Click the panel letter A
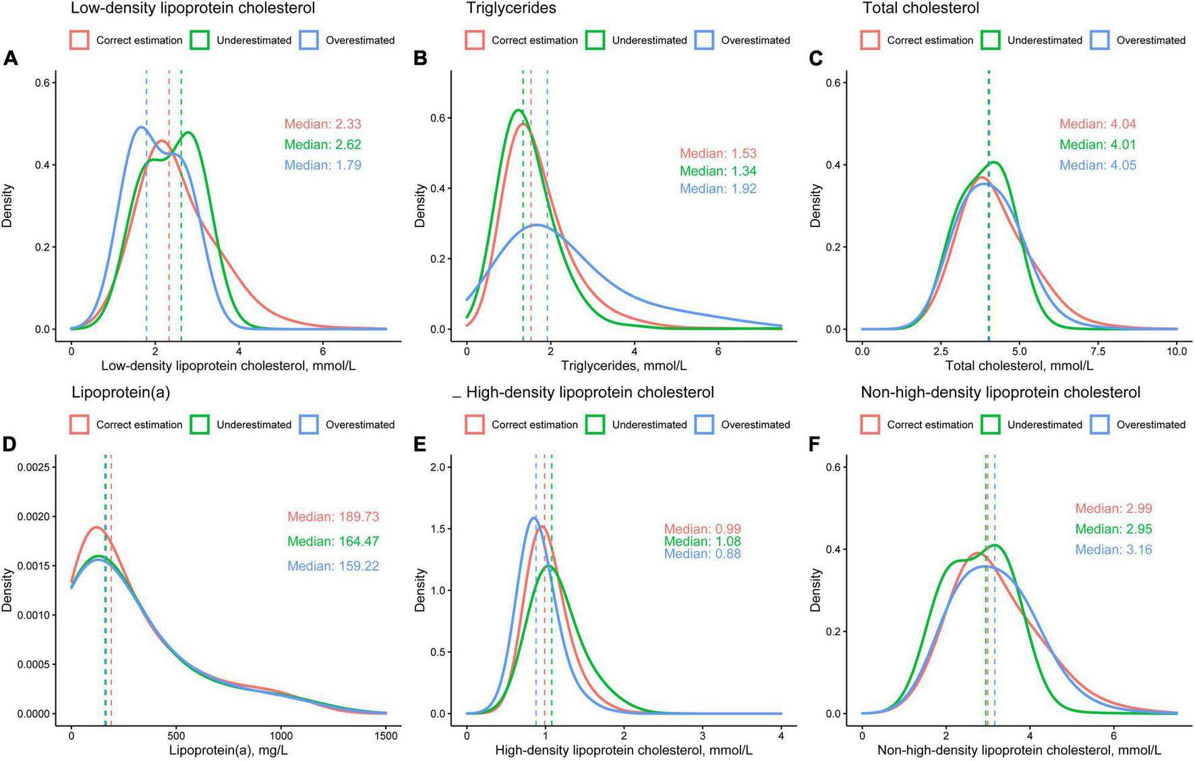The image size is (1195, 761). pyautogui.click(x=11, y=59)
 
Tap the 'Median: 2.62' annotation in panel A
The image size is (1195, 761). pyautogui.click(x=322, y=145)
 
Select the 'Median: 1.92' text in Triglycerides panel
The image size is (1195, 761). pyautogui.click(x=718, y=189)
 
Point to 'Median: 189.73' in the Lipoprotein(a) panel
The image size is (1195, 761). pyautogui.click(x=333, y=517)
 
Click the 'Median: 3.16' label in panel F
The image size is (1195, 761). pyautogui.click(x=1113, y=550)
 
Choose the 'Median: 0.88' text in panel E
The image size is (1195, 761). pyautogui.click(x=702, y=554)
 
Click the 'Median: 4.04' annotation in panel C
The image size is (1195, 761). pyautogui.click(x=1097, y=124)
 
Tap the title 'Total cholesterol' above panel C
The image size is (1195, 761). pyautogui.click(x=920, y=9)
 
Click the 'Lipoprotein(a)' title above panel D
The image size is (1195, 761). pyautogui.click(x=121, y=392)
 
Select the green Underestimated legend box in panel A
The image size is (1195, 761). pyautogui.click(x=200, y=40)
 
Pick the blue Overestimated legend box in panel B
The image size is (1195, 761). pyautogui.click(x=705, y=40)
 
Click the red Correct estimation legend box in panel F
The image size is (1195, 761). pyautogui.click(x=871, y=425)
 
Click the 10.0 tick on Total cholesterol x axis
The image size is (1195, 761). pyautogui.click(x=1177, y=351)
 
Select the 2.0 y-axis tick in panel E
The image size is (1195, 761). pyautogui.click(x=444, y=467)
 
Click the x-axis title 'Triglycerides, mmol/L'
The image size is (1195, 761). pyautogui.click(x=624, y=366)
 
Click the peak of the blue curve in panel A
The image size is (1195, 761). pyautogui.click(x=141, y=127)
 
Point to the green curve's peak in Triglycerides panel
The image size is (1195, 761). pyautogui.click(x=518, y=110)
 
